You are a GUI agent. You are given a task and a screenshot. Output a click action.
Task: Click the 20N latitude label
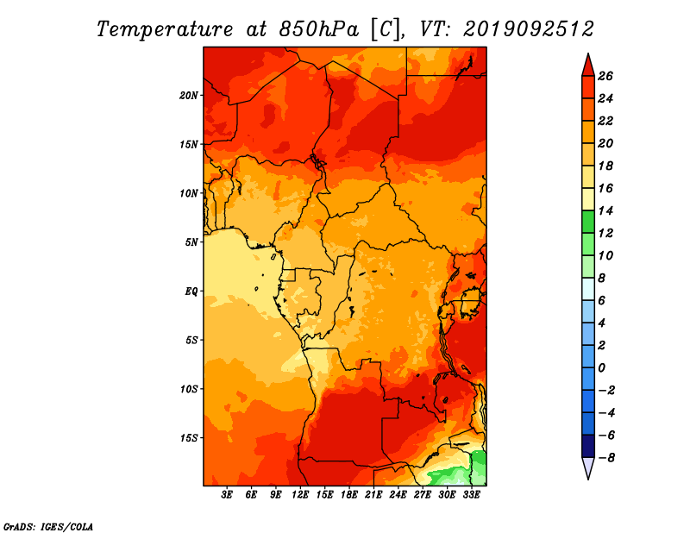[189, 96]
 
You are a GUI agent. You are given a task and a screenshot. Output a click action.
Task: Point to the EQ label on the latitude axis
[191, 292]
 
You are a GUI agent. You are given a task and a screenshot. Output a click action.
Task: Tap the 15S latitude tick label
[189, 438]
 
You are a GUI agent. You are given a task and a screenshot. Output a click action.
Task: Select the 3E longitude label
[227, 495]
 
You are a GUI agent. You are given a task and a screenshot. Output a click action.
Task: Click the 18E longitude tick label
[349, 495]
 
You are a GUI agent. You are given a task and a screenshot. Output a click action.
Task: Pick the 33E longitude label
[471, 495]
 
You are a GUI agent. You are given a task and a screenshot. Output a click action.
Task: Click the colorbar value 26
[605, 76]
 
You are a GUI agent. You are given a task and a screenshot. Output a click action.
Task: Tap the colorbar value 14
[605, 210]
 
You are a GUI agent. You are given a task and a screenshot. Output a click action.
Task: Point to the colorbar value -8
[606, 458]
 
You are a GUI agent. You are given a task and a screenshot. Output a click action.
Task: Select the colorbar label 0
[601, 368]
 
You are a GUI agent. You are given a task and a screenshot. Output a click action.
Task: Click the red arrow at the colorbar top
[588, 65]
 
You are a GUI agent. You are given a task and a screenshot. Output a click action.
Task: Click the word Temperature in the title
[165, 29]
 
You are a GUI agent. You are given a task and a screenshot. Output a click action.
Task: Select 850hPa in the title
[319, 29]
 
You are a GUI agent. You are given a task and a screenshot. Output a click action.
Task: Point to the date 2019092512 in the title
[529, 29]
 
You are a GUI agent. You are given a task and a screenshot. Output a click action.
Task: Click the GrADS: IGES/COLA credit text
[48, 526]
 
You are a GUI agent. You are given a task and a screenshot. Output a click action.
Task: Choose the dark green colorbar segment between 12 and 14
[588, 222]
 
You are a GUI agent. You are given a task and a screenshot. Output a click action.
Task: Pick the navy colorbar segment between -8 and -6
[588, 446]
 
